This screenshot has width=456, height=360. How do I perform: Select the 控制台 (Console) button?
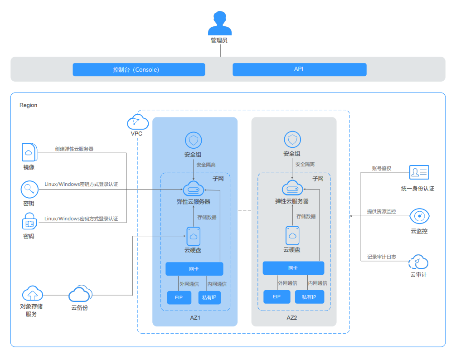click(139, 69)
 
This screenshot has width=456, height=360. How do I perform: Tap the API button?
click(299, 69)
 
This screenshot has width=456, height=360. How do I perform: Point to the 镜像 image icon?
click(29, 152)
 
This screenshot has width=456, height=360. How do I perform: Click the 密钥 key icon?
click(29, 189)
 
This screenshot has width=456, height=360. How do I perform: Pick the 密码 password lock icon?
click(29, 223)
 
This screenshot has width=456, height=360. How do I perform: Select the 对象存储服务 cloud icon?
click(32, 294)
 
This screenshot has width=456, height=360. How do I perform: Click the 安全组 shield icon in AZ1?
click(194, 140)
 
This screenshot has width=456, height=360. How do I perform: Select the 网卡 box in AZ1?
click(194, 269)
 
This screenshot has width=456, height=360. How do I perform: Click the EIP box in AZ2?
click(277, 297)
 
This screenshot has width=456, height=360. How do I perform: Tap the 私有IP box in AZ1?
click(209, 297)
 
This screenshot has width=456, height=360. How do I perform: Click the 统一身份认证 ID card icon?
click(419, 172)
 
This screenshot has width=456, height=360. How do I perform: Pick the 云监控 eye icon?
click(419, 216)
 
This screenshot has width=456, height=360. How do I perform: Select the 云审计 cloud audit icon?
click(418, 262)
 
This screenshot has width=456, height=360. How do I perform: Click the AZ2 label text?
click(292, 318)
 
